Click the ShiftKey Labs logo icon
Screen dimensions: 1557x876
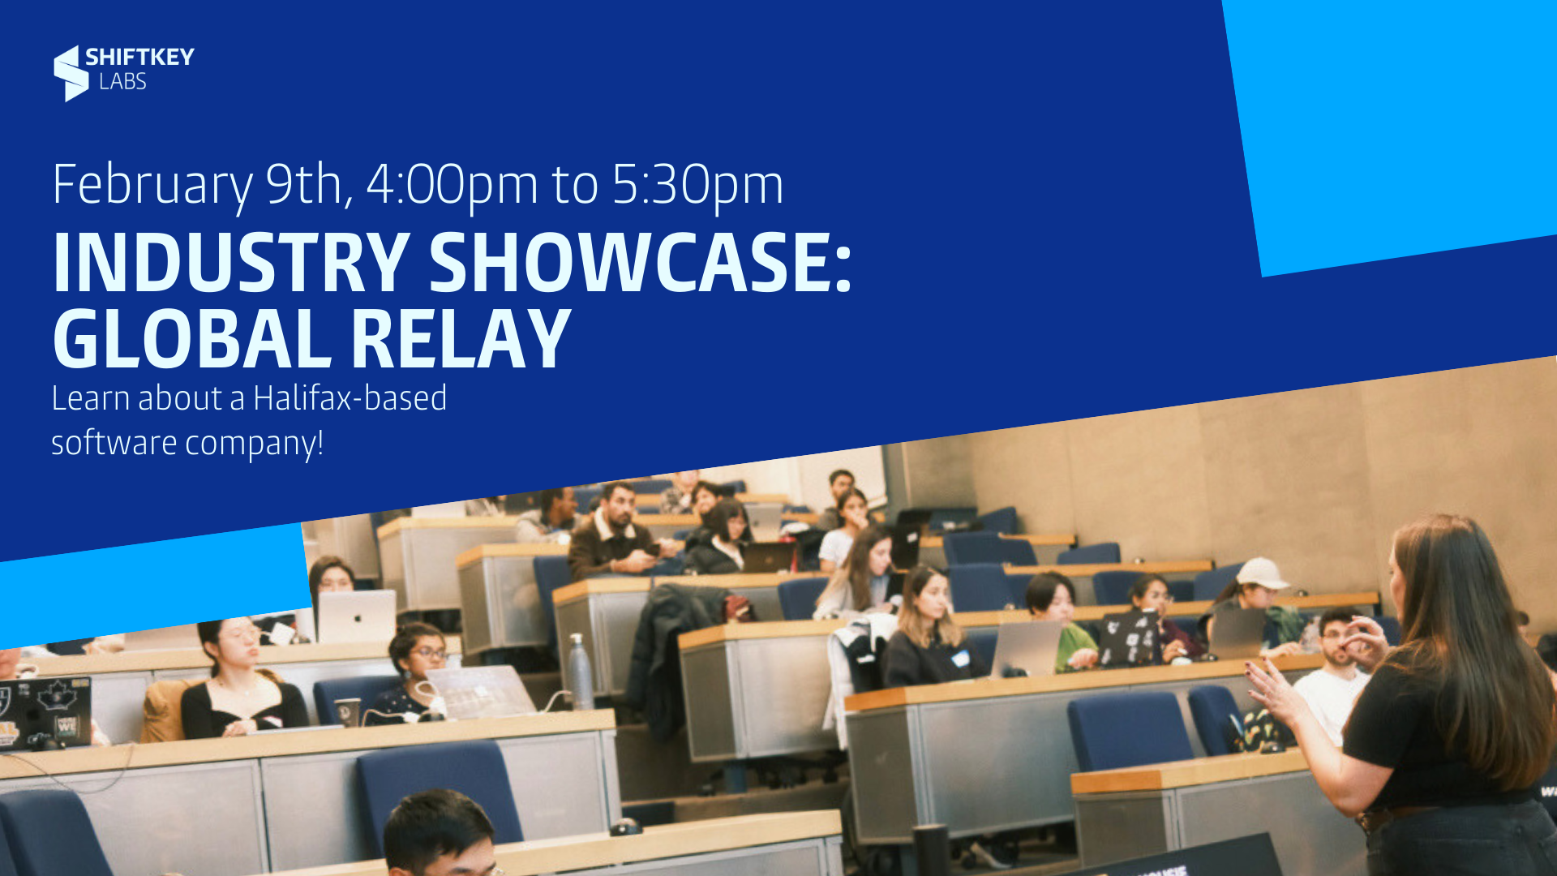[x=71, y=73]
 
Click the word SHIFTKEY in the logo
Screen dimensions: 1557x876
[x=139, y=57]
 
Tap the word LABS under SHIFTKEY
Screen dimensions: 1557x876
[x=122, y=81]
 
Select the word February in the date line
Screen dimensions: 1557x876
[x=152, y=186]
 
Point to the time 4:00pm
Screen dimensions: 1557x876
[x=452, y=185]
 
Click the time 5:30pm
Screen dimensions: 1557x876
[x=697, y=185]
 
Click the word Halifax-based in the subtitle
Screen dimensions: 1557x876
[x=350, y=398]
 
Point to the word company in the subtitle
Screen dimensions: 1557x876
[x=254, y=444]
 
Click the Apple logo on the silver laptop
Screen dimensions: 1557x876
[x=356, y=618]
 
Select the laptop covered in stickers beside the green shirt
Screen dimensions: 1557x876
[x=1128, y=638]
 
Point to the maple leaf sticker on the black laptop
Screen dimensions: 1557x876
[x=54, y=696]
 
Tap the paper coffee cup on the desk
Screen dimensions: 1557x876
[x=347, y=711]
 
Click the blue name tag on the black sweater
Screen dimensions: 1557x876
[x=961, y=658]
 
